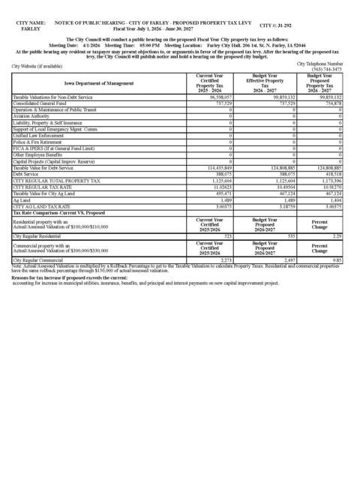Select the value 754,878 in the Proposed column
pyautogui.click(x=330, y=103)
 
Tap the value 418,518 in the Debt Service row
pyautogui.click(x=331, y=173)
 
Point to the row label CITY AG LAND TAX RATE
pyautogui.click(x=43, y=206)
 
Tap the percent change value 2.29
pyautogui.click(x=337, y=236)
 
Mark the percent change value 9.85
pyautogui.click(x=337, y=259)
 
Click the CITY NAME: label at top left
pyautogui.click(x=31, y=24)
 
